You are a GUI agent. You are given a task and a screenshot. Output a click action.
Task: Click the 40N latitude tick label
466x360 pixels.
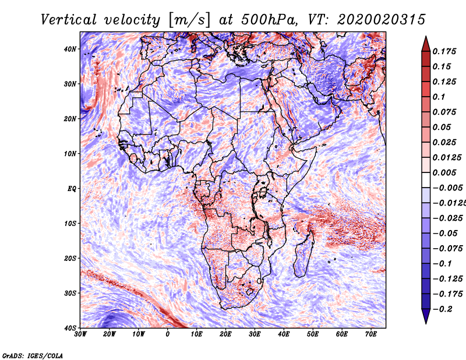[70, 49]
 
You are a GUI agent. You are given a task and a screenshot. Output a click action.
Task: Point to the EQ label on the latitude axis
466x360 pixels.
[72, 189]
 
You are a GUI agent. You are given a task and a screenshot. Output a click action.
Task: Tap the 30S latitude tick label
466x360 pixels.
[70, 293]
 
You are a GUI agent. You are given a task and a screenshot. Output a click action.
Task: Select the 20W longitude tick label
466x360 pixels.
[110, 334]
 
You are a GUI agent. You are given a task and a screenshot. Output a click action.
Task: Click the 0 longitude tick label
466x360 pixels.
[168, 334]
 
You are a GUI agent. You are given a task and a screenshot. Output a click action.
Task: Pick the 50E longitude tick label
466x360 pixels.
[313, 334]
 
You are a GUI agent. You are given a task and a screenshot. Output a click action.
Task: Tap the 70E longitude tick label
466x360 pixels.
[370, 334]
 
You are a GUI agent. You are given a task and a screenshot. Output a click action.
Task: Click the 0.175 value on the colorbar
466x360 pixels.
[444, 51]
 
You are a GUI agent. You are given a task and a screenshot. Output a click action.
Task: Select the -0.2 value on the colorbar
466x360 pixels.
[442, 309]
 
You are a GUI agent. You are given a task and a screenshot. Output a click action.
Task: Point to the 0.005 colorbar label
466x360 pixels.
[444, 172]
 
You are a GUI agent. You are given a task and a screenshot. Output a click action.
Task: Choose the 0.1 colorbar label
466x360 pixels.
[439, 97]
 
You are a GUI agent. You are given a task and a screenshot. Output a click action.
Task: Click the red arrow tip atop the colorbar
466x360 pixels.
[426, 37]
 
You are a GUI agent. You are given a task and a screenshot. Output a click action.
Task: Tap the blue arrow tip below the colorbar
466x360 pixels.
[426, 323]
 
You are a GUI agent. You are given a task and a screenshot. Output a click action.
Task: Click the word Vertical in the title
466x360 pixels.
[69, 20]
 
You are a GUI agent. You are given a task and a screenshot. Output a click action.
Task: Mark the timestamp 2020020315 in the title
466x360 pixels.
[382, 20]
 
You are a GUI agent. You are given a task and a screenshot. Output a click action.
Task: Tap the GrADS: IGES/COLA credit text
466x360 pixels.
[33, 356]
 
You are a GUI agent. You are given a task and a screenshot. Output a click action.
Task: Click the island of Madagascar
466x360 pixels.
[303, 253]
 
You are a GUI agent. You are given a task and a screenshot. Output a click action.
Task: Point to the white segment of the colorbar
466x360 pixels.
[426, 180]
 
